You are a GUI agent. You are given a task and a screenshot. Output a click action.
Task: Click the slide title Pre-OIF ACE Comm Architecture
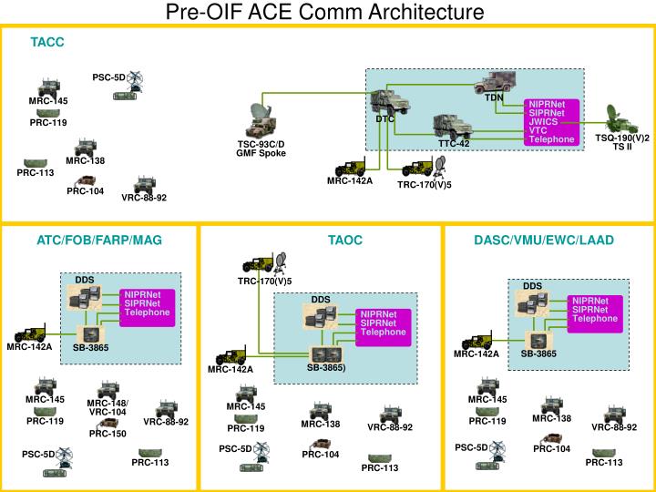point(327,12)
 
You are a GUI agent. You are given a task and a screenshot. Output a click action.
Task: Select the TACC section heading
point(46,42)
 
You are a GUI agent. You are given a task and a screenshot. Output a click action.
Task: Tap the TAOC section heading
point(345,241)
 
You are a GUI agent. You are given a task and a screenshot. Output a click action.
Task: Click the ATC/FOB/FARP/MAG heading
point(99,241)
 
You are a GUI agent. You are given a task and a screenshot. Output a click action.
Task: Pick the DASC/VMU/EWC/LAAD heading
point(544,241)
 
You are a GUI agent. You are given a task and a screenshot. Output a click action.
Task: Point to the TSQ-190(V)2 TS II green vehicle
point(622,118)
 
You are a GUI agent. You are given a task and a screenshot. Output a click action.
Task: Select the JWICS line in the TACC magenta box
point(544,121)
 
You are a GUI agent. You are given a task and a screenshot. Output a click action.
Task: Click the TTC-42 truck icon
point(452,126)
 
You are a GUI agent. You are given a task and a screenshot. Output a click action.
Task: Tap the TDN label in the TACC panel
point(494,97)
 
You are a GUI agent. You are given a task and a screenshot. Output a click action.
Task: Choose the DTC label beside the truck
point(384,119)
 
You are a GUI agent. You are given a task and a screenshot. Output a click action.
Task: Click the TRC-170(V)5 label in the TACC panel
point(424,185)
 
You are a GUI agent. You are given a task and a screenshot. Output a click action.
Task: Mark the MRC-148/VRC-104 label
point(108,407)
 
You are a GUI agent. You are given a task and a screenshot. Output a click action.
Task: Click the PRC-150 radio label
point(108,434)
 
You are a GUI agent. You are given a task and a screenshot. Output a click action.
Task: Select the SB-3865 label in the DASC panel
point(538,354)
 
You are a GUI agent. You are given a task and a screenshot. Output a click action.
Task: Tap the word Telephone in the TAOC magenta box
point(383,333)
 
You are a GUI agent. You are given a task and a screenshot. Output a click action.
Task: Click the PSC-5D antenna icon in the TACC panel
point(136,80)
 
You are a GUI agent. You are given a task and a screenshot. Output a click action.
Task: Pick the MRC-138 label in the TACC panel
point(86,161)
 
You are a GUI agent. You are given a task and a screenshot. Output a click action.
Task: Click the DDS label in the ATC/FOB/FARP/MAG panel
point(84,279)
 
